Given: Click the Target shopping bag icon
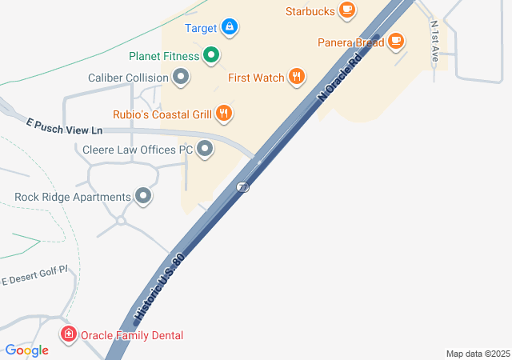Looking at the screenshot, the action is tap(230, 28).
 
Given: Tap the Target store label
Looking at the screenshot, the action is tap(201, 28).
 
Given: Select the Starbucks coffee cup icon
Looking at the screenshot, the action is tap(346, 10).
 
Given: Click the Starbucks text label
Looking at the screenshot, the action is tap(310, 11).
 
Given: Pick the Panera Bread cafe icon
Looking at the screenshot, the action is tap(396, 42).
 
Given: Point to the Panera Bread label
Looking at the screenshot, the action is tap(350, 42).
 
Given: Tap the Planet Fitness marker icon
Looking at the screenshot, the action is tap(211, 56).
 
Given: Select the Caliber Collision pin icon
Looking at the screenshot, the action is tap(181, 78).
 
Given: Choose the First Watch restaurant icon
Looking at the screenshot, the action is tap(297, 78).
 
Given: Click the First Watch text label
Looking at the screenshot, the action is tap(256, 78).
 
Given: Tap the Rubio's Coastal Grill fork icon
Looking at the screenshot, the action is tap(225, 114).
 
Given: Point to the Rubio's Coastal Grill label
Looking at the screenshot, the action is tap(161, 114).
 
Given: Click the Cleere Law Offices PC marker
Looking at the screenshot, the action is tap(206, 149).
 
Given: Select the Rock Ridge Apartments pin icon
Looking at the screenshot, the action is tap(144, 196).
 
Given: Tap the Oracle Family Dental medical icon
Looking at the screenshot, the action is tap(69, 334).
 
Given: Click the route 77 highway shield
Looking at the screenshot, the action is tap(242, 186).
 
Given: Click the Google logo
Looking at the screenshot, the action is tap(27, 350).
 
